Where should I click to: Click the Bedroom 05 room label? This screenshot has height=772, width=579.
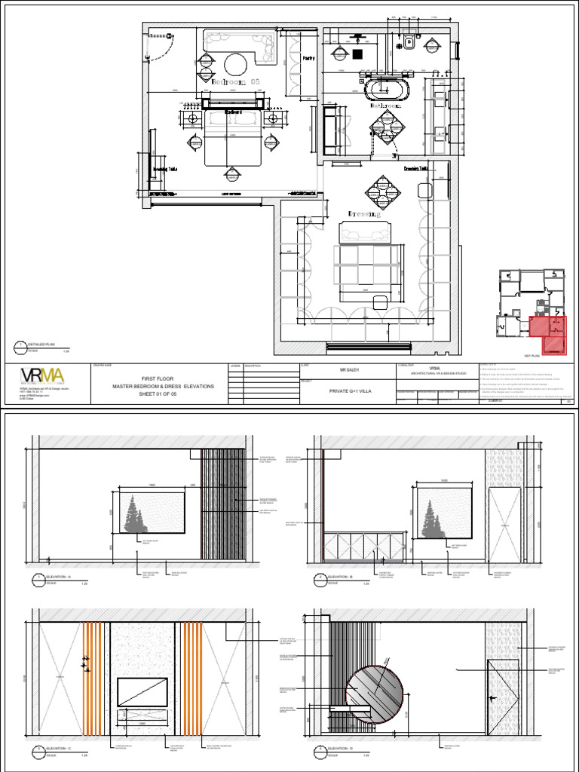(x=235, y=81)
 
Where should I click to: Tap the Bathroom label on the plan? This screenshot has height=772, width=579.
(x=384, y=107)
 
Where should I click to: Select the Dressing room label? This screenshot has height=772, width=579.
(x=364, y=215)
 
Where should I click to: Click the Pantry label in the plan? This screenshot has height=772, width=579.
(x=308, y=58)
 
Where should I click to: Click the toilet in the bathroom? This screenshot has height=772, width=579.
(x=410, y=41)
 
